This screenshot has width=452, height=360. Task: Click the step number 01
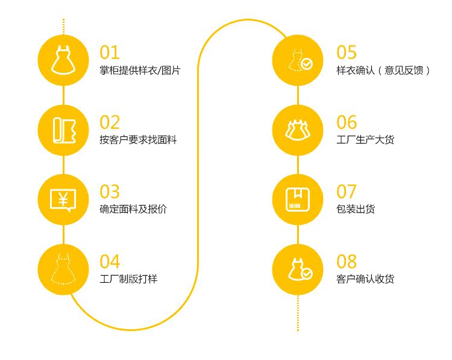tap(110, 52)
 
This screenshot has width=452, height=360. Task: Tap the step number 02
tap(110, 122)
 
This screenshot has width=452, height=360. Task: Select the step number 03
tap(110, 192)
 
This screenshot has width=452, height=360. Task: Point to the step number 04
tap(110, 262)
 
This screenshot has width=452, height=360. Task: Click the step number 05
tap(347, 52)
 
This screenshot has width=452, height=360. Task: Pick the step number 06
tap(347, 122)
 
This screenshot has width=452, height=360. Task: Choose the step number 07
tap(347, 192)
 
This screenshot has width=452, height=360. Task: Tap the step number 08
tap(347, 262)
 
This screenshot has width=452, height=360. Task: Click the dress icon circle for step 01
tap(63, 60)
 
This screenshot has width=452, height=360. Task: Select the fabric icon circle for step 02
tap(63, 130)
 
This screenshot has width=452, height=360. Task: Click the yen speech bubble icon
tap(63, 199)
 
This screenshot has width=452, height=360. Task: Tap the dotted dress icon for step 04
tap(63, 269)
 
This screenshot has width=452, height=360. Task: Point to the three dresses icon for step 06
tap(298, 130)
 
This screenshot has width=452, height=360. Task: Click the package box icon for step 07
tap(298, 199)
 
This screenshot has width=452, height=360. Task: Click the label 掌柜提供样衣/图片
tap(140, 71)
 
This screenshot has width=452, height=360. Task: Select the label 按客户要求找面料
tap(138, 140)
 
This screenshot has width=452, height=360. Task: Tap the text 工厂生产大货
tap(365, 140)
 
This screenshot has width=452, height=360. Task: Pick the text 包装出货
tap(356, 209)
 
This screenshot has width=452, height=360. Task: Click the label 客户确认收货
tap(365, 279)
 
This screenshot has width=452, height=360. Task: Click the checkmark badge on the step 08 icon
tap(307, 274)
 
